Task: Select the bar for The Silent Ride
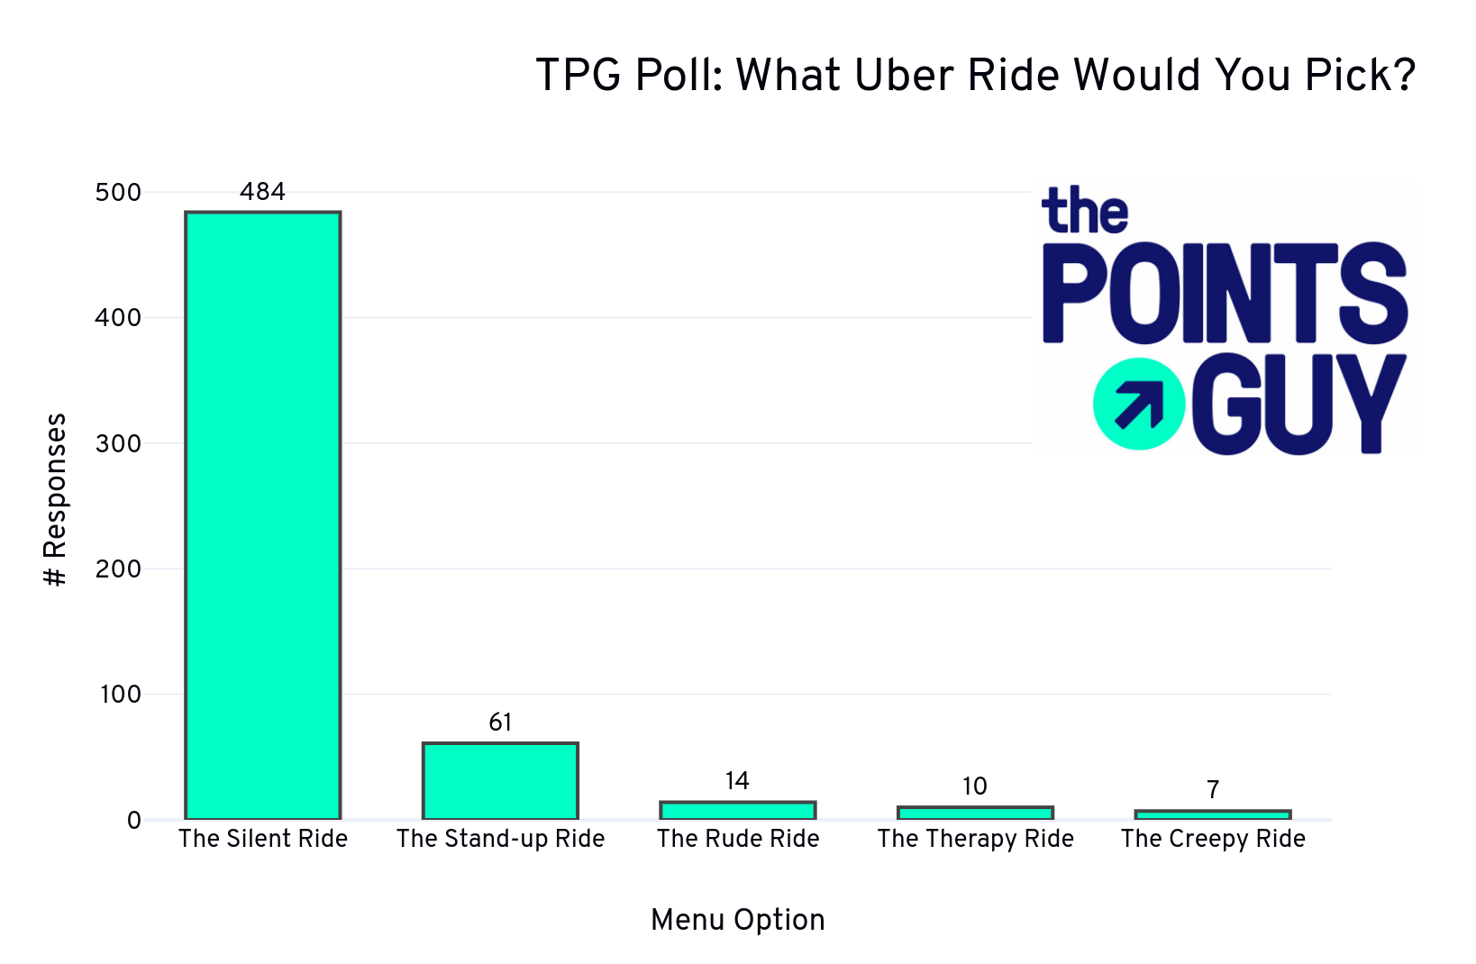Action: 262,515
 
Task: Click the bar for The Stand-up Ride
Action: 500,781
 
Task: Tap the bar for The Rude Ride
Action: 737,810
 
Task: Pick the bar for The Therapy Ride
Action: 975,813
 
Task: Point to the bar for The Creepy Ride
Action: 1212,814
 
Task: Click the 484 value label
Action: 262,192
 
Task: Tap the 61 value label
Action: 500,723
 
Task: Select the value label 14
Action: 737,781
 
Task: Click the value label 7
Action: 1213,790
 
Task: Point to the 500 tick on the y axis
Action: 118,193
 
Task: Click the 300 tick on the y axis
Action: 118,444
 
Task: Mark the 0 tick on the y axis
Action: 133,821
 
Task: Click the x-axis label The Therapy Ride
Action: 975,839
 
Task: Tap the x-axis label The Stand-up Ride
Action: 500,839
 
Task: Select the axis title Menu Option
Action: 737,920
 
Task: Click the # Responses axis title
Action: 56,500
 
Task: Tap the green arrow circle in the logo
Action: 1138,404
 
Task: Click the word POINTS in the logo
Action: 1224,293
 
